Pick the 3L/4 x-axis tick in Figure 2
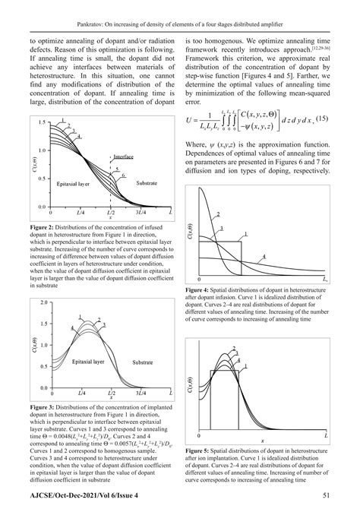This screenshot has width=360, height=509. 140,215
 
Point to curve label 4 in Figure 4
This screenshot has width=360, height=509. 263,257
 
